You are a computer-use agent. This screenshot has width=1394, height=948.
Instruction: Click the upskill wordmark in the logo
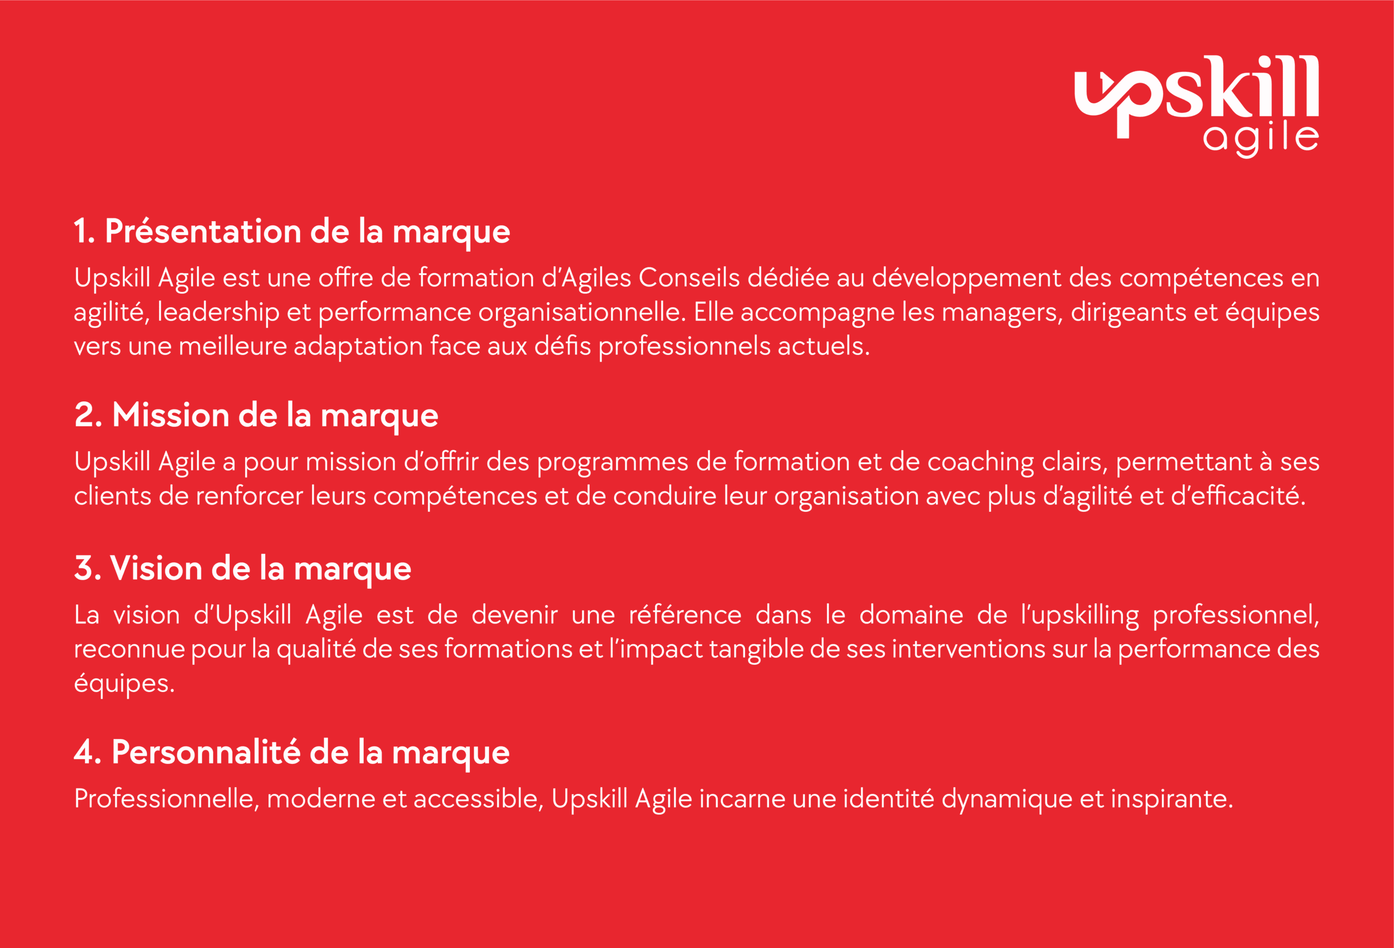(1196, 96)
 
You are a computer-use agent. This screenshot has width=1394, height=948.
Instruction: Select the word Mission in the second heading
(171, 415)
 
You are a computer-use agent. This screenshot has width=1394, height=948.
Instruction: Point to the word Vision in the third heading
(157, 568)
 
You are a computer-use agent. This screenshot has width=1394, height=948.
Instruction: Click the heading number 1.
(84, 231)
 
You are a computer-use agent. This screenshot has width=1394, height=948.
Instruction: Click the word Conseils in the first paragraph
(689, 278)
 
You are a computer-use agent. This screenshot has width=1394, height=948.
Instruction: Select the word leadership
(218, 313)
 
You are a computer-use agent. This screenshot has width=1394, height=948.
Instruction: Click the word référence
(685, 615)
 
